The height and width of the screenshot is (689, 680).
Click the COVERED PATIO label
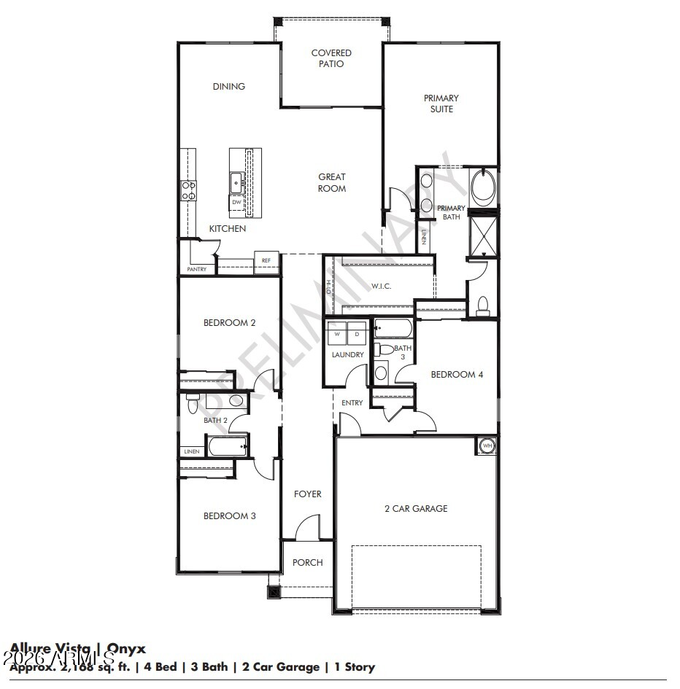point(331,58)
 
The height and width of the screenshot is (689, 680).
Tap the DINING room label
point(229,86)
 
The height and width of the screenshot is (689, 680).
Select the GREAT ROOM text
point(332,182)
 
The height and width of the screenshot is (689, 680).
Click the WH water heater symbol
point(487,445)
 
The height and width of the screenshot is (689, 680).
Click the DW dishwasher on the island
point(236,202)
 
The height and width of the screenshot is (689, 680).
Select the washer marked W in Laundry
point(337,334)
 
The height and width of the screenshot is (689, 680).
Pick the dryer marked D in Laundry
point(357,334)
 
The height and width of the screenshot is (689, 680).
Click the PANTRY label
point(197,269)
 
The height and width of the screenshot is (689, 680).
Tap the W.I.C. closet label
point(382,286)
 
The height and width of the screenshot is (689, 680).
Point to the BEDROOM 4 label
point(457,375)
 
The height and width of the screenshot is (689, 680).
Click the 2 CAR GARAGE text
point(416,508)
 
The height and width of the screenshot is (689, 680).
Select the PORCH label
point(307,562)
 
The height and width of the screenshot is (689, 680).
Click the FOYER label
point(307,494)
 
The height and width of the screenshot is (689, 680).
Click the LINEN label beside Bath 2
point(191,451)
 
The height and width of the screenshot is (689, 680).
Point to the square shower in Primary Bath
point(482,235)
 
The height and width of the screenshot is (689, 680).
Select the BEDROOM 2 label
point(229,322)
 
